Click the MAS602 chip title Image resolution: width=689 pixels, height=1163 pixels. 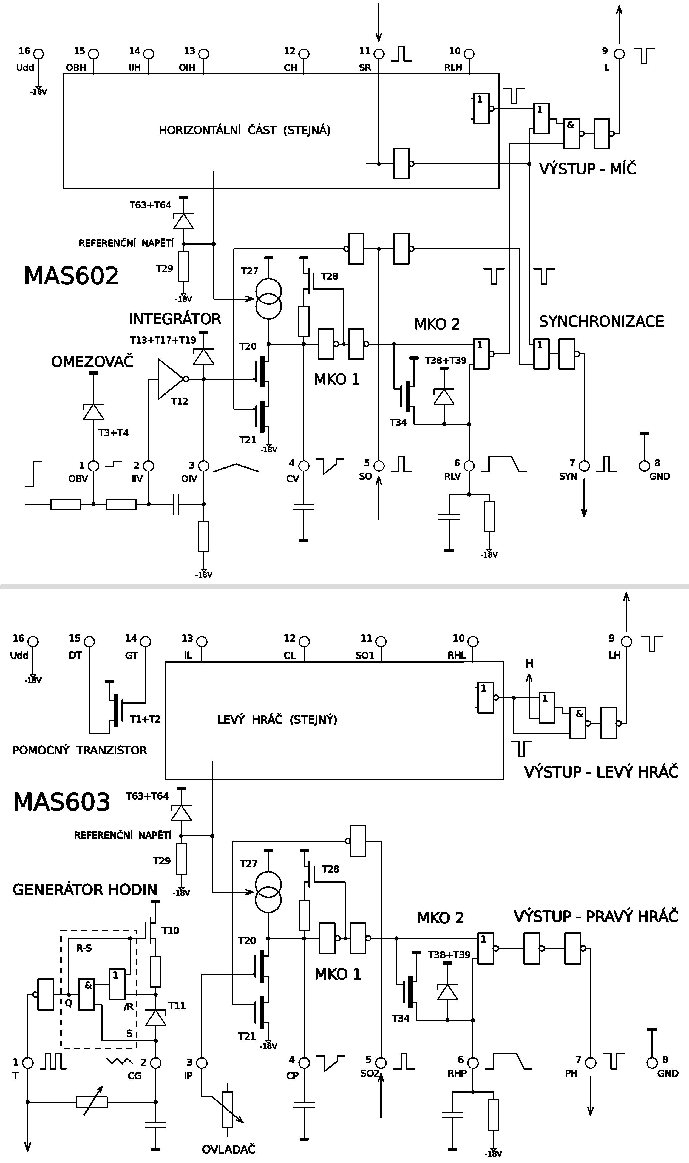pyautogui.click(x=71, y=276)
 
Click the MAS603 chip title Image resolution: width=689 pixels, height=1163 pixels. pyautogui.click(x=62, y=802)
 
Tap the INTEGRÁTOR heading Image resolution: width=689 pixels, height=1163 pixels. pyautogui.click(x=175, y=319)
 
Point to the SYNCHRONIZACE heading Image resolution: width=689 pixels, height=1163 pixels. pyautogui.click(x=601, y=321)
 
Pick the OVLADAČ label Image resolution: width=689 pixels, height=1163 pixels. pyautogui.click(x=228, y=1149)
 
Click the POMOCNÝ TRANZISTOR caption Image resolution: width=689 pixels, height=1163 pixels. pyautogui.click(x=80, y=750)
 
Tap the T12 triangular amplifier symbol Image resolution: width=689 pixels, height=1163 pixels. pyautogui.click(x=170, y=379)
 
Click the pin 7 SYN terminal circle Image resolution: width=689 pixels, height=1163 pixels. pyautogui.click(x=584, y=466)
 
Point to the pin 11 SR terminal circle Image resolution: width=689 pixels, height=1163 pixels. pyautogui.click(x=379, y=54)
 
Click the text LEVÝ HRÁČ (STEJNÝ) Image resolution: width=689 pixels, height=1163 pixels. pyautogui.click(x=277, y=720)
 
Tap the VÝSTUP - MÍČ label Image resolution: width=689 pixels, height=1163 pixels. pyautogui.click(x=587, y=169)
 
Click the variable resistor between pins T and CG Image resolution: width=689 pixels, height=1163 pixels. pyautogui.click(x=92, y=1102)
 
